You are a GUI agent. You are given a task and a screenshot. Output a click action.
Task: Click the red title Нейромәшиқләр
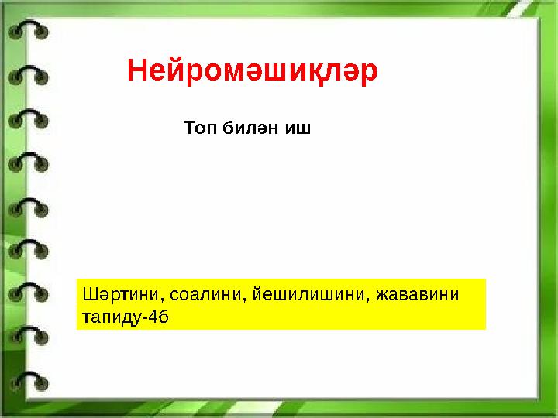coord(253,71)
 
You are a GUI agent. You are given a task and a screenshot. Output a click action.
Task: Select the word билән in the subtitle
coord(249,127)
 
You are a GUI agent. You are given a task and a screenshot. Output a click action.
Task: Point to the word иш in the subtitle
coord(298,127)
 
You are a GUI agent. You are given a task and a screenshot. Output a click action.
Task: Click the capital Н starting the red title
coord(137,71)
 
